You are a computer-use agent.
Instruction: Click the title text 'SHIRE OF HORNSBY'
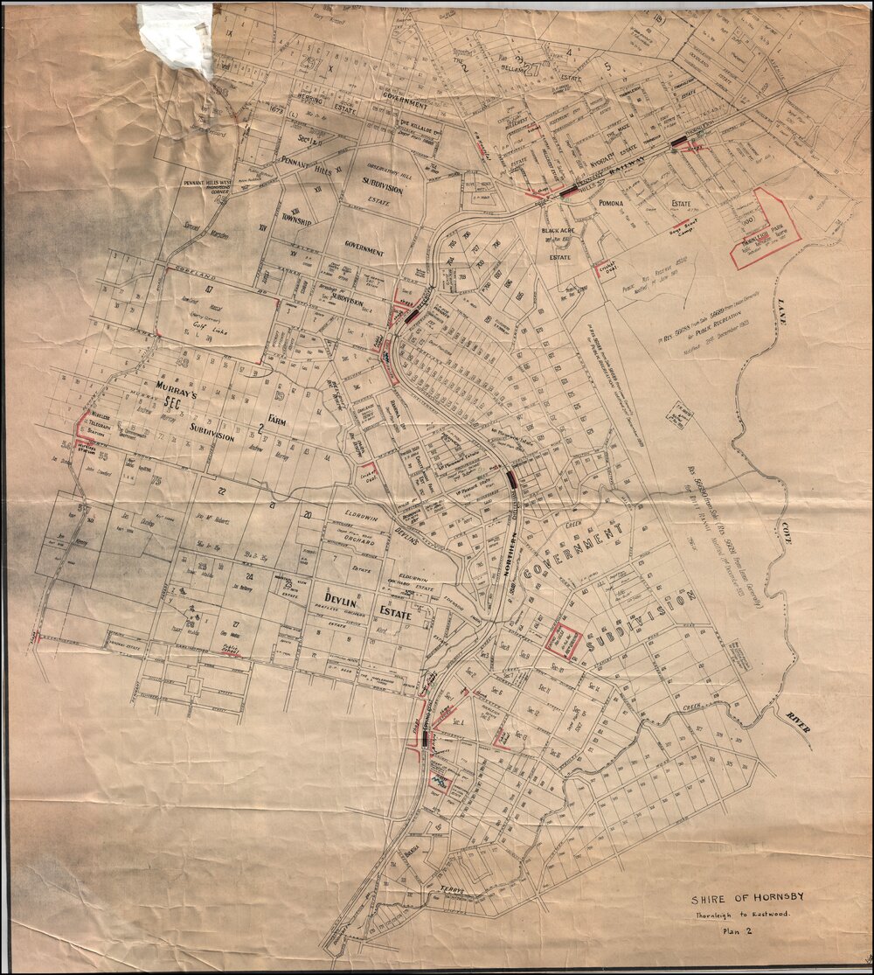[747, 899]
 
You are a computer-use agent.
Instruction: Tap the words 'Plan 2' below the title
[739, 931]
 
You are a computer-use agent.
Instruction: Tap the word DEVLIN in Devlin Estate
[329, 598]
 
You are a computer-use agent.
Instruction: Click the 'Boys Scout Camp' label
[660, 226]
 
